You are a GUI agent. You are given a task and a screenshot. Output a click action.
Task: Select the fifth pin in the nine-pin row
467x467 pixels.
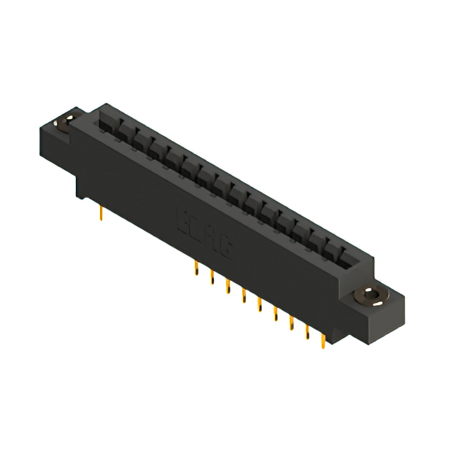pos(259,305)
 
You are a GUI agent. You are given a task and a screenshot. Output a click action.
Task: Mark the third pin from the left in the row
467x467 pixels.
pos(228,287)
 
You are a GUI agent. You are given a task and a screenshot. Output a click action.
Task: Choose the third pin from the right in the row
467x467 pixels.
pos(291,323)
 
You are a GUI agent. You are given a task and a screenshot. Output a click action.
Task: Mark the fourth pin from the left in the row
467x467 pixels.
pos(244,296)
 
